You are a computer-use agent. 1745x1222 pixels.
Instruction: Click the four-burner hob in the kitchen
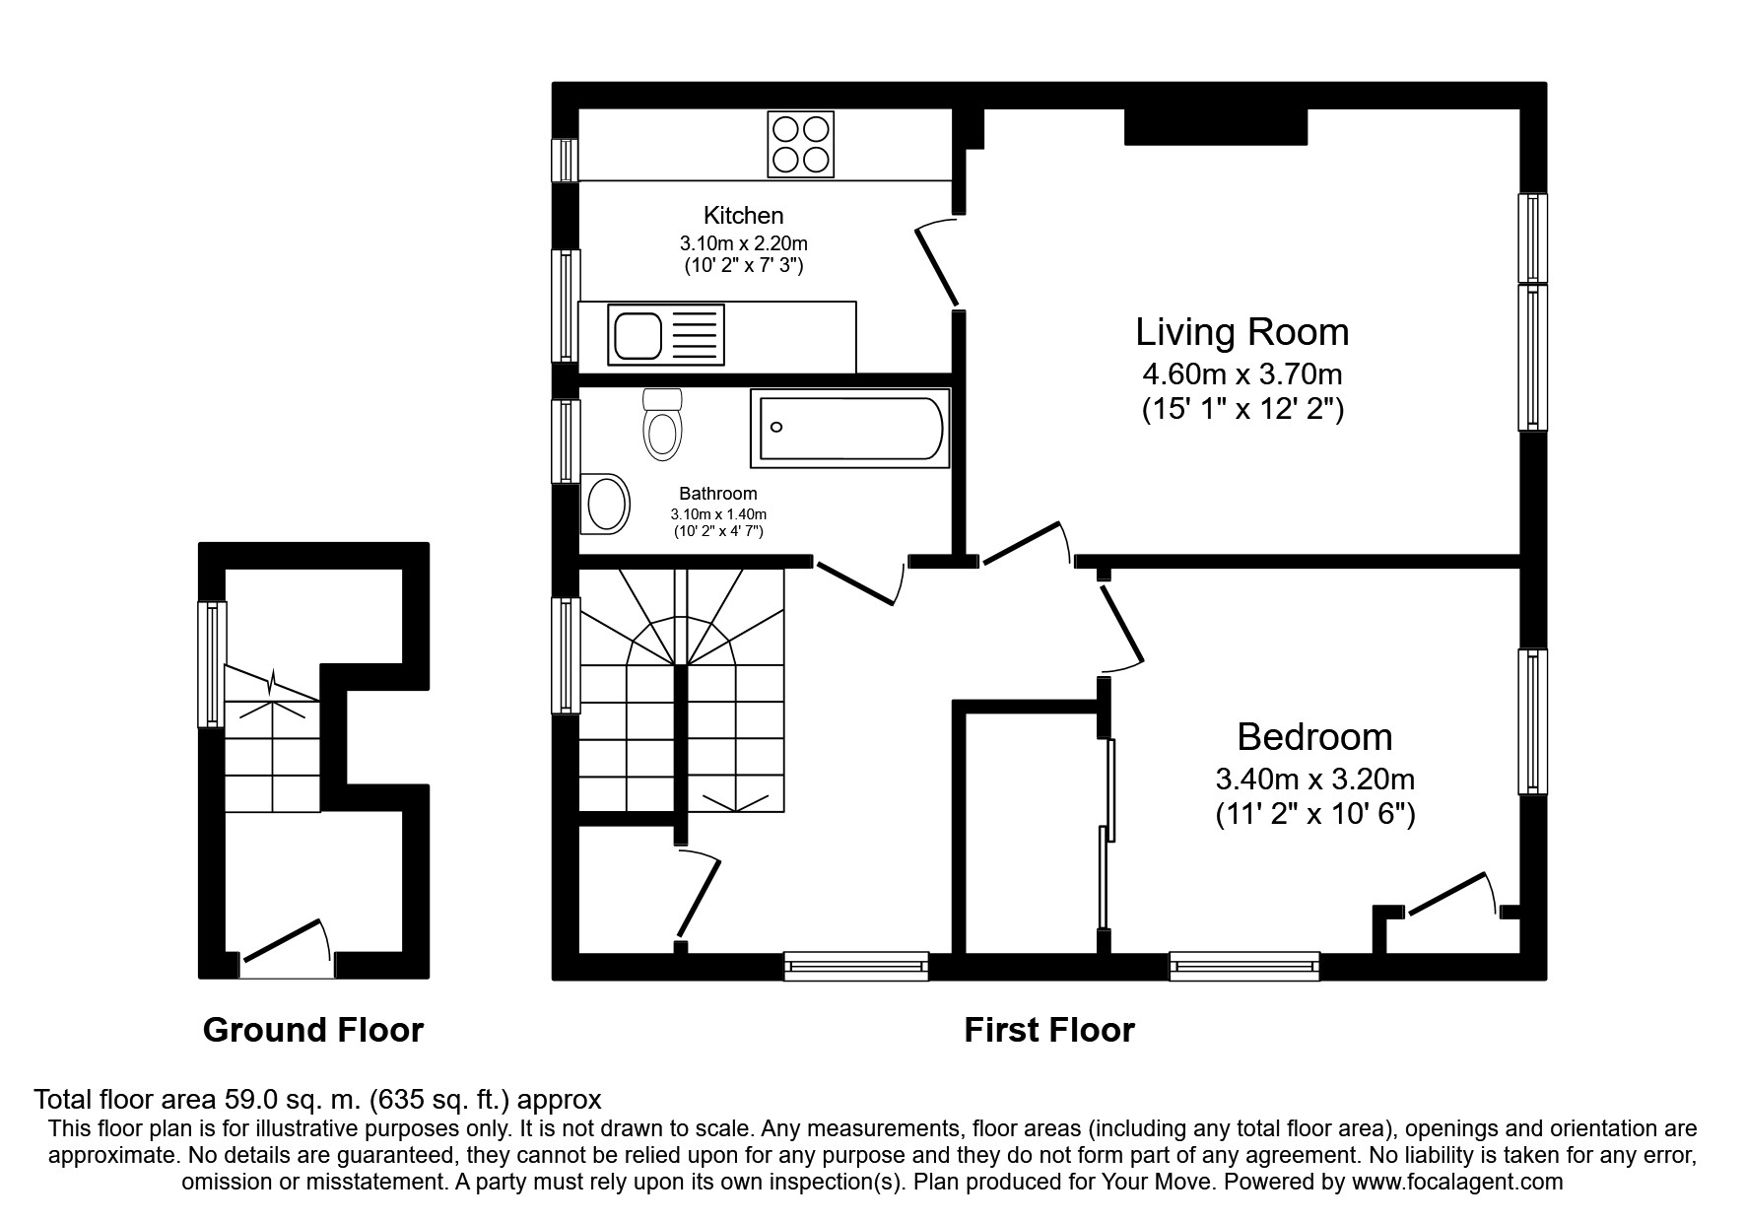click(800, 144)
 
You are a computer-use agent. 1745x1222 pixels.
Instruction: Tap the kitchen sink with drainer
click(667, 333)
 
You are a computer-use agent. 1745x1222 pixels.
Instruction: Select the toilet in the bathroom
click(661, 426)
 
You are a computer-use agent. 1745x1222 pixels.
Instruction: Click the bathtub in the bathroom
click(849, 428)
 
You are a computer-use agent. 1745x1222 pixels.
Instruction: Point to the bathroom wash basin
click(606, 504)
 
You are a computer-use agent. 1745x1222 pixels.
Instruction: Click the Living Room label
click(1242, 332)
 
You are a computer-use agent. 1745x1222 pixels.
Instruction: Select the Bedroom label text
click(1314, 737)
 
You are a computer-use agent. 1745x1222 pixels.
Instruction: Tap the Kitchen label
click(743, 215)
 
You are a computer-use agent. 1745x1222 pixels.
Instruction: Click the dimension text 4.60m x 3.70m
click(1242, 374)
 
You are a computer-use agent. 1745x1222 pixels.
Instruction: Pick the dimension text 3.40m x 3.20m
click(1314, 780)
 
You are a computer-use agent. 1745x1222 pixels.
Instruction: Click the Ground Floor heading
click(312, 1030)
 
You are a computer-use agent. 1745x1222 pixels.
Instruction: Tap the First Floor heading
click(1048, 1030)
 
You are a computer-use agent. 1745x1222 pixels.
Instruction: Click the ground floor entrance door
click(284, 941)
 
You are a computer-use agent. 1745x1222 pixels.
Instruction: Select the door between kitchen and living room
click(937, 264)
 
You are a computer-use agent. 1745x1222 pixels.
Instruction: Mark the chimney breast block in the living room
click(1215, 127)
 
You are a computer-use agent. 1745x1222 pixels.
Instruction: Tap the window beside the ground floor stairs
click(212, 664)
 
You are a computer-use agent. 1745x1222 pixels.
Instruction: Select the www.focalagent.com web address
click(1456, 1182)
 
